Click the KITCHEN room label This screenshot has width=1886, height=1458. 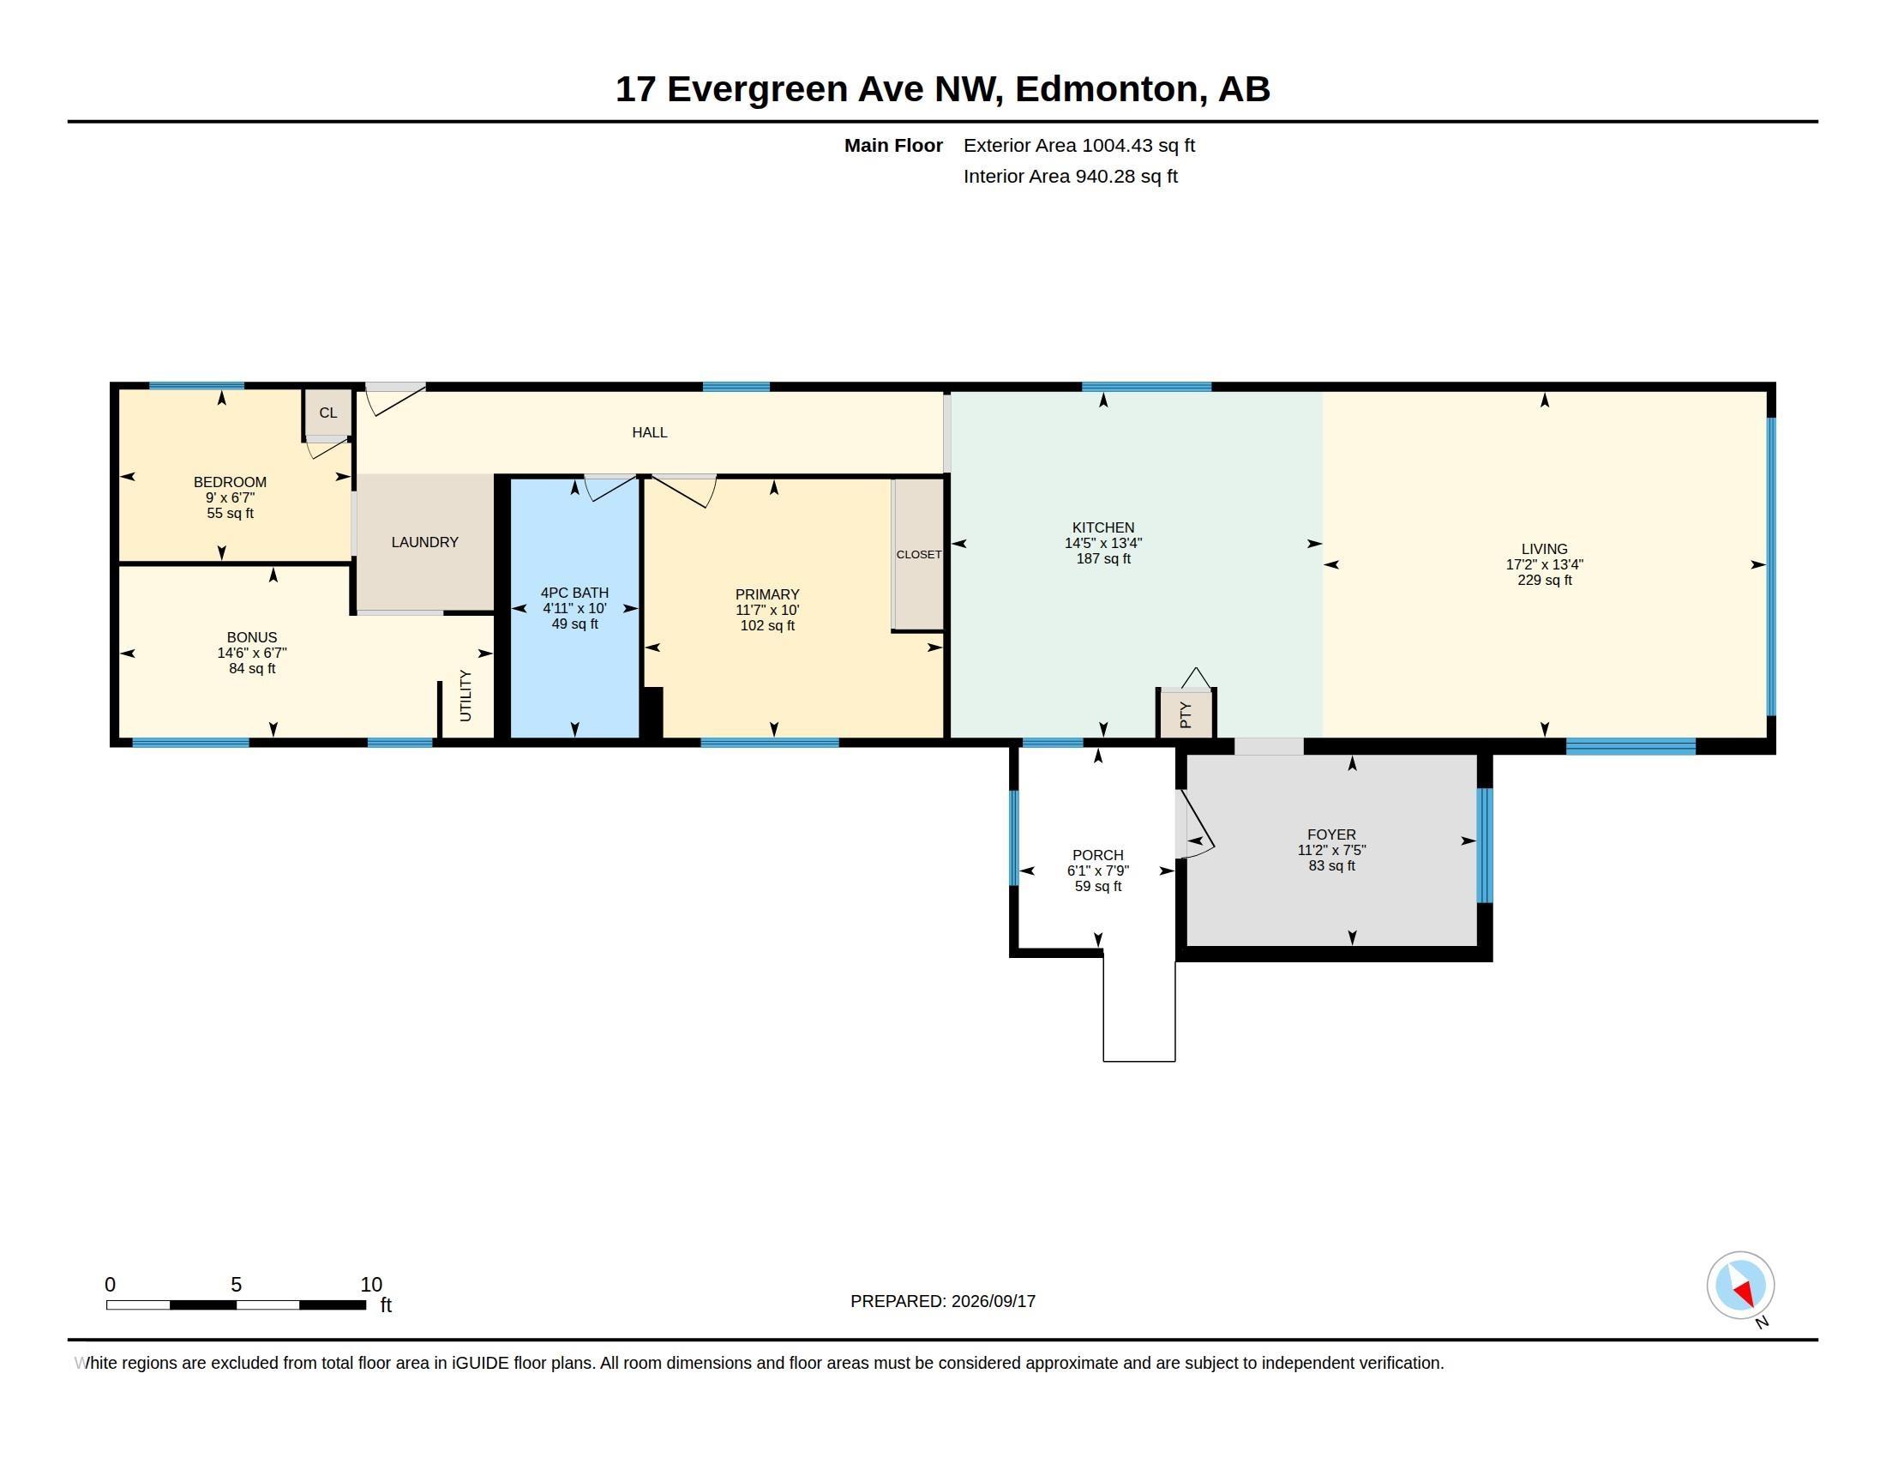(1102, 527)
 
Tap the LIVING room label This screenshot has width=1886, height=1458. (1544, 550)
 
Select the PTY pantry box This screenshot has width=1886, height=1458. (1186, 714)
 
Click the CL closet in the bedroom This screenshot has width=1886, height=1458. (328, 413)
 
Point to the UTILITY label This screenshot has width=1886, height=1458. (465, 696)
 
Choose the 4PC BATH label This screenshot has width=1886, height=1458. (574, 593)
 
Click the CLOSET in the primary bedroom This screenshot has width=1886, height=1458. (918, 555)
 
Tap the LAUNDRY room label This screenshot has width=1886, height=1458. (425, 542)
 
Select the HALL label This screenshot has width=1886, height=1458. (650, 433)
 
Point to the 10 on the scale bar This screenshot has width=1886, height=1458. (371, 1285)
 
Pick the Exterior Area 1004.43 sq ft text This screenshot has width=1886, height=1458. (1078, 146)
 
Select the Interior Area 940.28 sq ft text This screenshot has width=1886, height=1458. (1070, 177)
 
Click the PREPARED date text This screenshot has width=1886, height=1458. (943, 1302)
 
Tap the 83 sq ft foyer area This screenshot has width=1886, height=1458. (1331, 865)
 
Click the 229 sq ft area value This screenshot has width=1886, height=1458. (1544, 581)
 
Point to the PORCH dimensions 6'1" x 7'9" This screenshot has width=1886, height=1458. (1097, 871)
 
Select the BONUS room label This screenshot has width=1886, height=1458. (252, 638)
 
